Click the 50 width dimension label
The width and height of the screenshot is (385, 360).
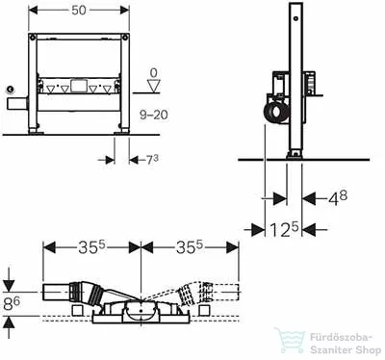pyautogui.click(x=79, y=11)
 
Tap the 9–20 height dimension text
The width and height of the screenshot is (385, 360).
pyautogui.click(x=154, y=115)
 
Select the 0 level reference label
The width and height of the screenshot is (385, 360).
pyautogui.click(x=154, y=73)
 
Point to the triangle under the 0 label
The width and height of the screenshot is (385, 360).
pyautogui.click(x=154, y=87)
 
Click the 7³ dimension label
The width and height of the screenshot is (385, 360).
pyautogui.click(x=152, y=160)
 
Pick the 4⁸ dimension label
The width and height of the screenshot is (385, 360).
pyautogui.click(x=337, y=198)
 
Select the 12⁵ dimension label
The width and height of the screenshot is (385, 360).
pyautogui.click(x=284, y=229)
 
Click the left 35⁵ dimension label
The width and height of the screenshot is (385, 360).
pyautogui.click(x=92, y=247)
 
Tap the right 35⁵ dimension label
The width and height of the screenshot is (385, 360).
pyautogui.click(x=190, y=247)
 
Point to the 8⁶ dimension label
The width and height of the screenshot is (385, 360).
pyautogui.click(x=12, y=303)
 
